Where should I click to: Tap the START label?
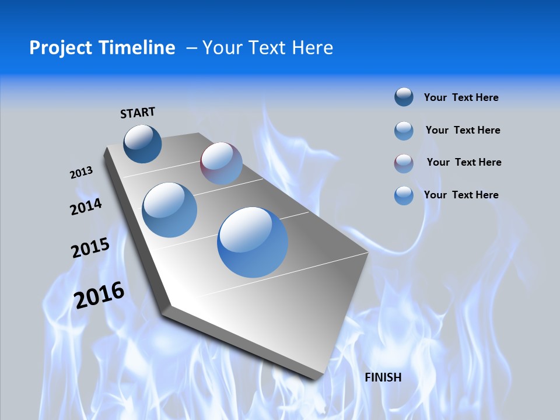coord(138,112)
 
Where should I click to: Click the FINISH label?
coord(383,377)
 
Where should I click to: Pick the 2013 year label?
coord(81,173)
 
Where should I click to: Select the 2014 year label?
coord(86,207)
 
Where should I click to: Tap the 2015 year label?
coord(90,248)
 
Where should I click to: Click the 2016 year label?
coord(99,295)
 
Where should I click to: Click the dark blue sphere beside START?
coord(143,143)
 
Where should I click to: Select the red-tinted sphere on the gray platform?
coord(221,163)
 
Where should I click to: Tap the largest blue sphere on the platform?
coord(253,242)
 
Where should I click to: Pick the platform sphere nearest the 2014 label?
coord(170,210)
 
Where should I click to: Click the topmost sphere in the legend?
coord(404,97)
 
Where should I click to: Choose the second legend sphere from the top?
coord(404,130)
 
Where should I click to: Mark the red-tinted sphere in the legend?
coord(404,163)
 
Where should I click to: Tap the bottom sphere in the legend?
coord(404,195)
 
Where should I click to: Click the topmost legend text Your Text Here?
coord(461,97)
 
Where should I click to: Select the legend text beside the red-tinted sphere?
coord(464,162)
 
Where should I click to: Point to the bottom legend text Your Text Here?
coord(461,195)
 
